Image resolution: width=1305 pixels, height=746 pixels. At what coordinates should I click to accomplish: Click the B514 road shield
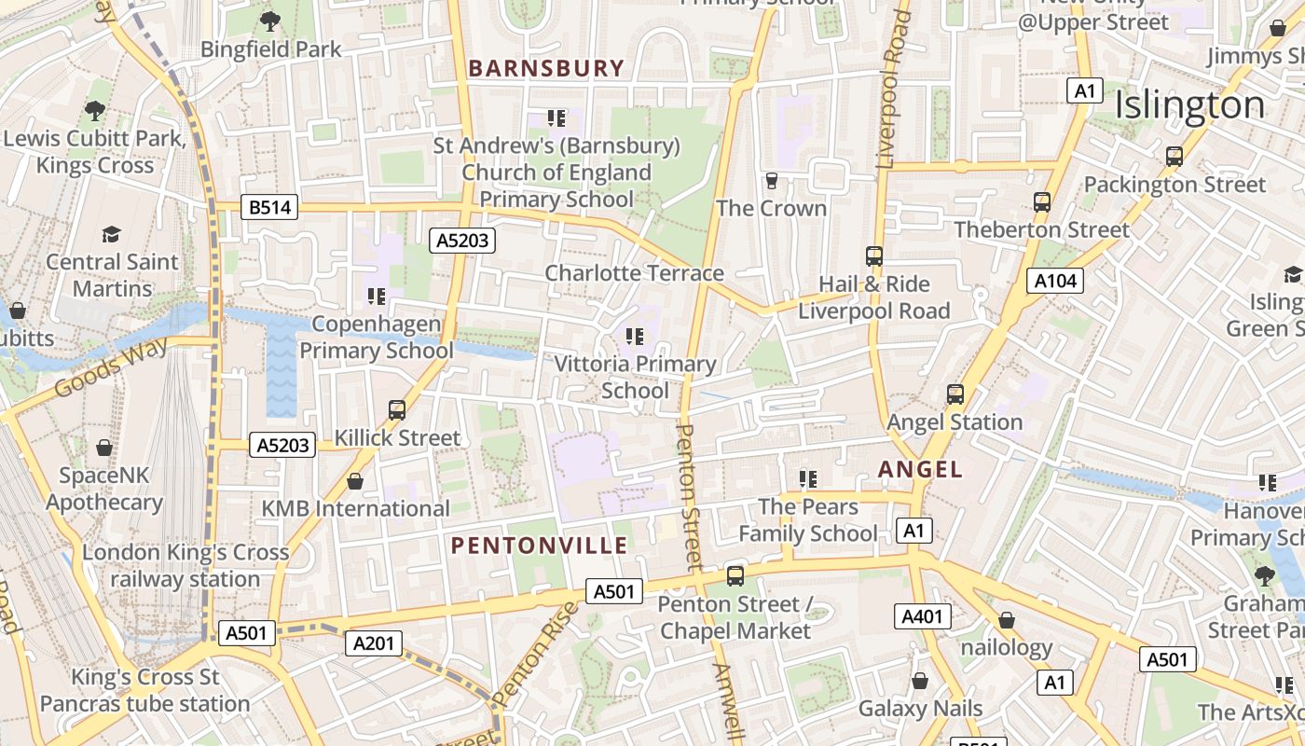pos(269,207)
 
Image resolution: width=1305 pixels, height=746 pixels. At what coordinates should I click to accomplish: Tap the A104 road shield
pos(1055,281)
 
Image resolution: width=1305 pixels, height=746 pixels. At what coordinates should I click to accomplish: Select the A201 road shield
pos(374,642)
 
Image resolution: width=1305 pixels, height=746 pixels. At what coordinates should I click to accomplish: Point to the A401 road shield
pos(923,616)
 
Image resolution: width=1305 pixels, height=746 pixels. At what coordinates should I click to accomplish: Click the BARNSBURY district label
pos(546,68)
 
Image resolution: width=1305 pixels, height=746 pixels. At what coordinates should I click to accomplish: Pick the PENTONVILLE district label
pos(540,546)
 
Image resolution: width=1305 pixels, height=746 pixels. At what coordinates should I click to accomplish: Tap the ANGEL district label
pos(921,469)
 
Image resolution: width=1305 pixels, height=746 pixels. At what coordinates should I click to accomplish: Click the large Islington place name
pos(1189,104)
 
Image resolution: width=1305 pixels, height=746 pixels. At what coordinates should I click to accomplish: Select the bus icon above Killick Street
pos(397,409)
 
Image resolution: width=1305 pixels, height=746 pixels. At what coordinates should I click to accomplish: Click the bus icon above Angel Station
pos(955,394)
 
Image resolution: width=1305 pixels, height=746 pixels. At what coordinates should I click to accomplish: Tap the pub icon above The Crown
pos(771,180)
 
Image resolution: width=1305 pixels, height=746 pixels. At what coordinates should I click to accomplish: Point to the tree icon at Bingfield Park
pos(270,21)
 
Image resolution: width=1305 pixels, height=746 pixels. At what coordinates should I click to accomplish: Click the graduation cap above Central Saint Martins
pos(112,234)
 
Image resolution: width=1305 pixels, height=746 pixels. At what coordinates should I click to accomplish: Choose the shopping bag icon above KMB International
pos(355,481)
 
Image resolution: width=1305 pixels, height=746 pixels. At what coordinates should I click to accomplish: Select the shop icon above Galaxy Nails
pos(920,681)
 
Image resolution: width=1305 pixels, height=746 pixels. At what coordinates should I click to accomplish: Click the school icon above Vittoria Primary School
pos(635,336)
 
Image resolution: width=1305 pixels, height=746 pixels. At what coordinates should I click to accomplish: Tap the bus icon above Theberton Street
pos(1041,201)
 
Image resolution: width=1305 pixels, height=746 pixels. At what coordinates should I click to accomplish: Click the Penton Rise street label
pos(536,653)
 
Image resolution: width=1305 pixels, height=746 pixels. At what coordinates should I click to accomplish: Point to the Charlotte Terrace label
pos(634,273)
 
